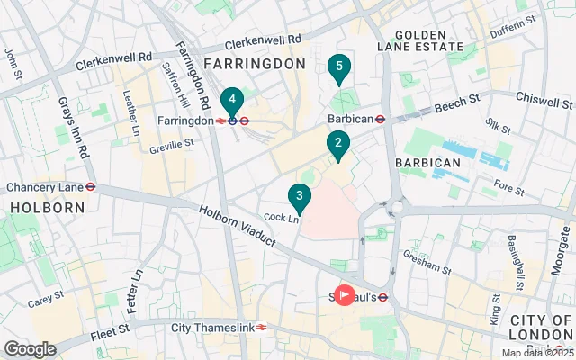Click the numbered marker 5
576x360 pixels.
pyautogui.click(x=338, y=67)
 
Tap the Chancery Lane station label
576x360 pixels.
pyautogui.click(x=44, y=187)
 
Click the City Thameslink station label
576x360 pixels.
pyautogui.click(x=212, y=328)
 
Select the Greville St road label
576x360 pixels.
pyautogui.click(x=171, y=145)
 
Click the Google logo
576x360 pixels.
pyautogui.click(x=30, y=349)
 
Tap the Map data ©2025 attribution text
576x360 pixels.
pyautogui.click(x=536, y=353)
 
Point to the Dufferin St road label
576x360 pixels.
pyautogui.click(x=513, y=25)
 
